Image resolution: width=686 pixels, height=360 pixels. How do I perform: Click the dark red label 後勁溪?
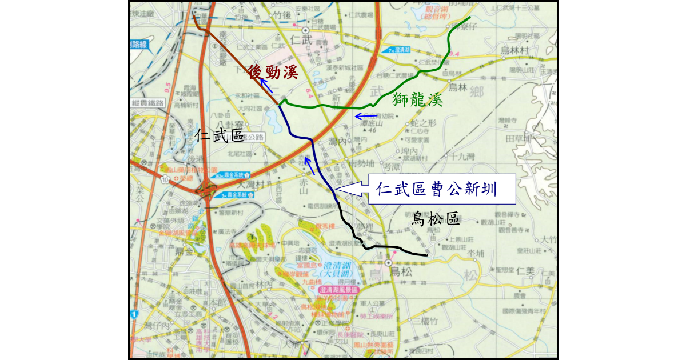click(x=273, y=72)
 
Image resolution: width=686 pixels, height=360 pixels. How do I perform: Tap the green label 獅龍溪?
click(x=418, y=99)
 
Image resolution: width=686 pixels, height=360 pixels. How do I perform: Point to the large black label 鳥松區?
click(x=436, y=218)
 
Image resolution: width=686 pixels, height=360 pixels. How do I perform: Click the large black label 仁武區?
click(x=219, y=135)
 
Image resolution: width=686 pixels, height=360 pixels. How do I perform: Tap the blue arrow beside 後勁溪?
click(x=266, y=86)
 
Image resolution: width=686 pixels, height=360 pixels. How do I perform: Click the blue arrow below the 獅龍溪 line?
click(x=366, y=117)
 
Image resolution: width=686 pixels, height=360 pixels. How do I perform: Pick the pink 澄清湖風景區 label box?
click(x=338, y=290)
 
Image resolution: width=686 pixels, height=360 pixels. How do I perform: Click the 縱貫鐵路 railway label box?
click(x=147, y=103)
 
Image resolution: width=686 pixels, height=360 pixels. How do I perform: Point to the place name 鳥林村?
click(x=513, y=50)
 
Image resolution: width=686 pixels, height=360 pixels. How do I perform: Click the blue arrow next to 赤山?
click(x=309, y=165)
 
